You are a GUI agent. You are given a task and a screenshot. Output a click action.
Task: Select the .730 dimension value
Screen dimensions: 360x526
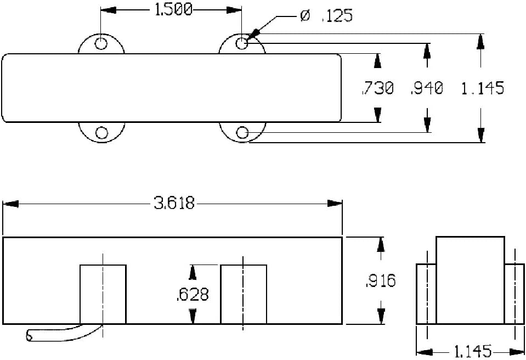click(378, 88)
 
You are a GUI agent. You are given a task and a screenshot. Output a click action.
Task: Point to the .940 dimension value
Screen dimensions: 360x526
click(427, 88)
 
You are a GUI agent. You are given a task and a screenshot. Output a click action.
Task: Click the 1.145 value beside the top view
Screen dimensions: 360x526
click(483, 88)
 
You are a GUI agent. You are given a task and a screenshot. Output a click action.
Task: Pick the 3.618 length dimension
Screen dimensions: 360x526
click(174, 204)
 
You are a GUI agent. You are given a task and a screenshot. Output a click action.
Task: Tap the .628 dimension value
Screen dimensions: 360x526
click(193, 294)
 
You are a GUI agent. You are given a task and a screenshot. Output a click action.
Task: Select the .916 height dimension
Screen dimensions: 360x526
click(380, 281)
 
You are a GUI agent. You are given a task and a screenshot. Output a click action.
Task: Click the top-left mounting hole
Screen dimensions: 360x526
click(101, 43)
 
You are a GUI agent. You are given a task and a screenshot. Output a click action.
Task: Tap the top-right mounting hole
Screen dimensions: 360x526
click(242, 43)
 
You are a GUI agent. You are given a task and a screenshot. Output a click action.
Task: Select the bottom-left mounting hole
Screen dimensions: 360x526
click(101, 132)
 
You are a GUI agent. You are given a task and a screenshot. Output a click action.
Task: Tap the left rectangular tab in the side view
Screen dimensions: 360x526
click(103, 294)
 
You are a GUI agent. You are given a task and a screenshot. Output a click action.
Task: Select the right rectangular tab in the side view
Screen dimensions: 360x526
click(244, 294)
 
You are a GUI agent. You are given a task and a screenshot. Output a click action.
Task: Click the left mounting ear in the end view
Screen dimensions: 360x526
click(426, 294)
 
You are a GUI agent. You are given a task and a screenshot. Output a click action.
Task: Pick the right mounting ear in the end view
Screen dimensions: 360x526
click(514, 294)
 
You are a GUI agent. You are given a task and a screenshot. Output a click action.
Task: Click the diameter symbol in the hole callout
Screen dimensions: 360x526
click(305, 16)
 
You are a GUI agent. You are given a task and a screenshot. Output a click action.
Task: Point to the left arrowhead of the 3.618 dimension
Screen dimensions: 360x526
click(10, 204)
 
